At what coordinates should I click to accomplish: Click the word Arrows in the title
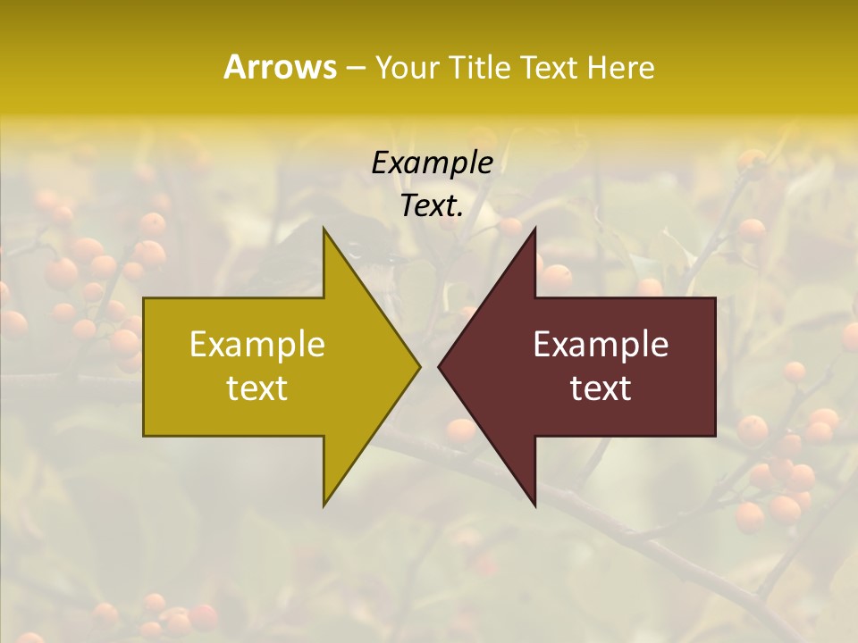coord(280,67)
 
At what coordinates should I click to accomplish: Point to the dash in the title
coord(355,69)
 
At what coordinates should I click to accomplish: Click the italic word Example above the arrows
coord(433,163)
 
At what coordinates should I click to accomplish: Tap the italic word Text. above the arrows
coord(433,206)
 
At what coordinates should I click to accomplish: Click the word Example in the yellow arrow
coord(257,344)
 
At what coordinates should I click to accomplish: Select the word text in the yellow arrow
coord(257,388)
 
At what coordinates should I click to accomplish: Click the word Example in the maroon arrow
coord(601,344)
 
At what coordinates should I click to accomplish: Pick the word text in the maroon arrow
coord(601,388)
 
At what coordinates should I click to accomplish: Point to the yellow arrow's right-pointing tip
coord(419,366)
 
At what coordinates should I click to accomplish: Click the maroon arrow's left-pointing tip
coord(439,366)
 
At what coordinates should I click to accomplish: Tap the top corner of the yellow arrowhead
coord(324,229)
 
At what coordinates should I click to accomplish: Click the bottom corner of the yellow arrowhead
coord(324,505)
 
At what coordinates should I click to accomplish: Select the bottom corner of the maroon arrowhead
coord(534,505)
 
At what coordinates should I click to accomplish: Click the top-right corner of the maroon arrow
coord(715,298)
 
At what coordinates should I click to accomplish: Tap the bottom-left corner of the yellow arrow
coord(144,435)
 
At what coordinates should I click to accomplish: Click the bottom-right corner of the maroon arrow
coord(715,435)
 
